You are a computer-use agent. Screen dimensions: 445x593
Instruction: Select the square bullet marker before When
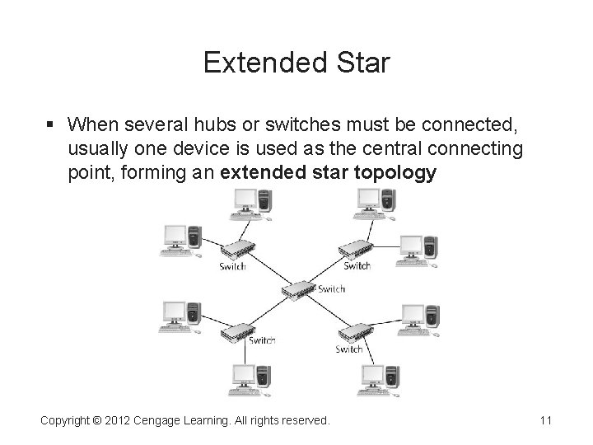coord(50,124)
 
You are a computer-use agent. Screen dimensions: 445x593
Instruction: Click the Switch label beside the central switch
coord(331,289)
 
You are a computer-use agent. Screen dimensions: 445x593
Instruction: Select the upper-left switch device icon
coord(238,251)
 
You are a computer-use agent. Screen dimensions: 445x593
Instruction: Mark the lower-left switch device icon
coord(238,331)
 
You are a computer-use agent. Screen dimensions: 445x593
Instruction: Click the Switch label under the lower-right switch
coord(349,349)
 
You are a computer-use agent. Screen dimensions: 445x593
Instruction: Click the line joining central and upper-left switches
coord(268,270)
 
